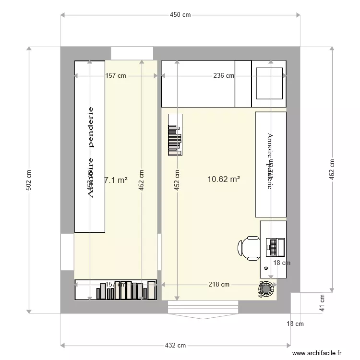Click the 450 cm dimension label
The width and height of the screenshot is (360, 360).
click(180, 15)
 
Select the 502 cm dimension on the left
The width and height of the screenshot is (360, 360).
click(28, 180)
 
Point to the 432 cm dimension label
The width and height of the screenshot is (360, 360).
click(175, 345)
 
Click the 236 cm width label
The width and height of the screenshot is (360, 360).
click(224, 76)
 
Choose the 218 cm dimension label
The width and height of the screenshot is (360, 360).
click(218, 284)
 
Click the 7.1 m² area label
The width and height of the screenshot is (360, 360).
click(116, 180)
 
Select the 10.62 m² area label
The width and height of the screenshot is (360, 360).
click(223, 179)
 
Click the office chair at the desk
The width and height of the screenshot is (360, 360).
click(248, 248)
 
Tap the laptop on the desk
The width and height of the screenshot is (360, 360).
click(276, 247)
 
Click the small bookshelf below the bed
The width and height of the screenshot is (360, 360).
click(175, 134)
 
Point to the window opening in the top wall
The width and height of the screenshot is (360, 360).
click(132, 53)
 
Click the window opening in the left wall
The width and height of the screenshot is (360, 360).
click(67, 252)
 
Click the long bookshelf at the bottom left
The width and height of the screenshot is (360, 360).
click(116, 290)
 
